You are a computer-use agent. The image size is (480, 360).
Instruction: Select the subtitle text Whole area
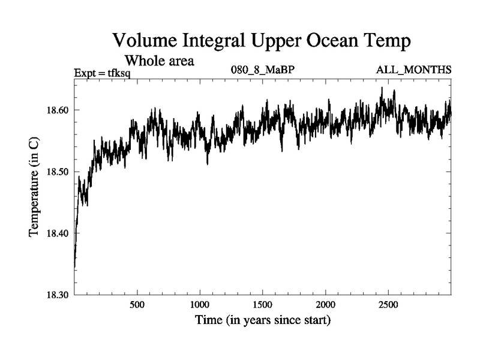click(x=159, y=61)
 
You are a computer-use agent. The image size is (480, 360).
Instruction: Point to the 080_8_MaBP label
click(x=263, y=70)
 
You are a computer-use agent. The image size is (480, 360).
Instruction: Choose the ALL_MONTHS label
click(x=413, y=70)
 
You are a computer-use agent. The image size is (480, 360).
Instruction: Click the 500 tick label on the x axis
click(x=137, y=305)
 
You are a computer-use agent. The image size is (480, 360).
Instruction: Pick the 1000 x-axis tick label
click(x=200, y=305)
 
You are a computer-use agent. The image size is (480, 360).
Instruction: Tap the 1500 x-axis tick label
click(x=263, y=305)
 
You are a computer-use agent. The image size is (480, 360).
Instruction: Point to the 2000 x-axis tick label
click(x=325, y=305)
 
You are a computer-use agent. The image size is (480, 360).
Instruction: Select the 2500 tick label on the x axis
click(x=388, y=305)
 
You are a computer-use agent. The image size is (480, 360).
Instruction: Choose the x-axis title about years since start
click(x=263, y=320)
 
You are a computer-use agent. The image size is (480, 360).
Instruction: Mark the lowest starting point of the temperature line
click(x=74, y=266)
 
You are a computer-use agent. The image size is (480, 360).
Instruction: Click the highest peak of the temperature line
click(x=382, y=88)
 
